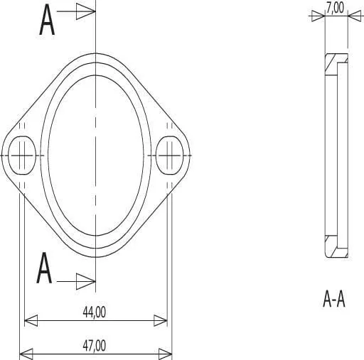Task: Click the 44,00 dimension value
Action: point(95,312)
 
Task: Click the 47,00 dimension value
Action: point(95,346)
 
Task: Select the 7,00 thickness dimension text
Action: point(335,8)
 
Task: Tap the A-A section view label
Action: point(334,299)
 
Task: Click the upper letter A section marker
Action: point(47,20)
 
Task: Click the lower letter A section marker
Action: point(44,268)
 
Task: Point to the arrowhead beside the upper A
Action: point(86,11)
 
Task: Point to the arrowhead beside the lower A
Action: point(86,281)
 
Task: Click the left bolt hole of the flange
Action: point(22,156)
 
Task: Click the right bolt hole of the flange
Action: point(170,156)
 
